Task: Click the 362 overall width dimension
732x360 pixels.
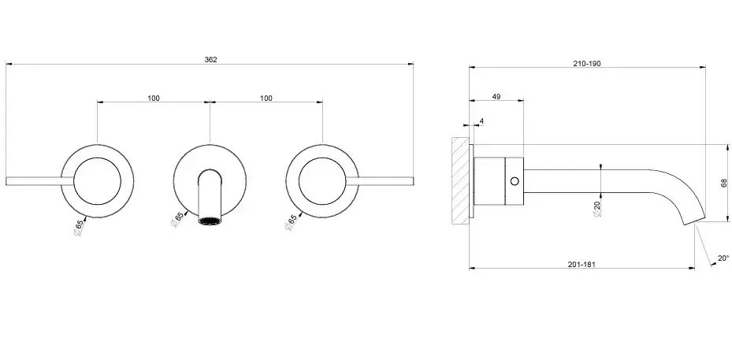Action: click(x=210, y=59)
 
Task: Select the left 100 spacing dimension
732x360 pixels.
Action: click(x=154, y=98)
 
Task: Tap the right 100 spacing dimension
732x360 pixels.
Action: click(x=266, y=98)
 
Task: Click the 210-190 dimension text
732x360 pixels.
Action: click(x=587, y=64)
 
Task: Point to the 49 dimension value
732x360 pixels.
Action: click(x=496, y=96)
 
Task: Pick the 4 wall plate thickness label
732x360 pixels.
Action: click(x=481, y=121)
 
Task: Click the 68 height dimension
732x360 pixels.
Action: click(x=724, y=183)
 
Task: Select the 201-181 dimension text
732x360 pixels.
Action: click(x=582, y=264)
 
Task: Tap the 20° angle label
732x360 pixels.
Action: click(x=723, y=258)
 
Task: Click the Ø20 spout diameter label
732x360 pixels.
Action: click(x=597, y=209)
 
